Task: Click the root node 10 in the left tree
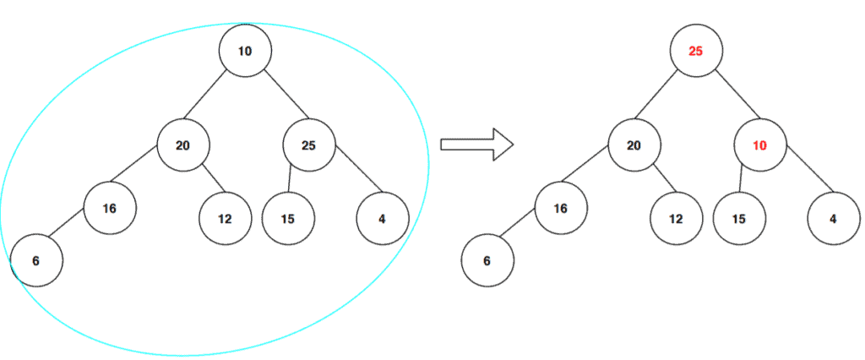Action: point(245,51)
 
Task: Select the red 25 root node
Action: point(696,51)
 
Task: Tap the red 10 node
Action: point(759,145)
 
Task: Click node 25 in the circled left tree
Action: point(308,145)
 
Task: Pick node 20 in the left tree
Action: point(182,145)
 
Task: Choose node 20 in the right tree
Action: point(634,145)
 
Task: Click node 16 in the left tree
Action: point(109,208)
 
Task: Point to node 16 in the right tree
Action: point(560,208)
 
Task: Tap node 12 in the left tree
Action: point(225,219)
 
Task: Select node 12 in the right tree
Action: point(676,219)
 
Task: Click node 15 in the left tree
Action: point(287,219)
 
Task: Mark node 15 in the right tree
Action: point(738,219)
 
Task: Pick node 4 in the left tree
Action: point(382,219)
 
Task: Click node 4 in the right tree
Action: point(833,219)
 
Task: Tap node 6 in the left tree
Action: point(35,260)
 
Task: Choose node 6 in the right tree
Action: point(487,260)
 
